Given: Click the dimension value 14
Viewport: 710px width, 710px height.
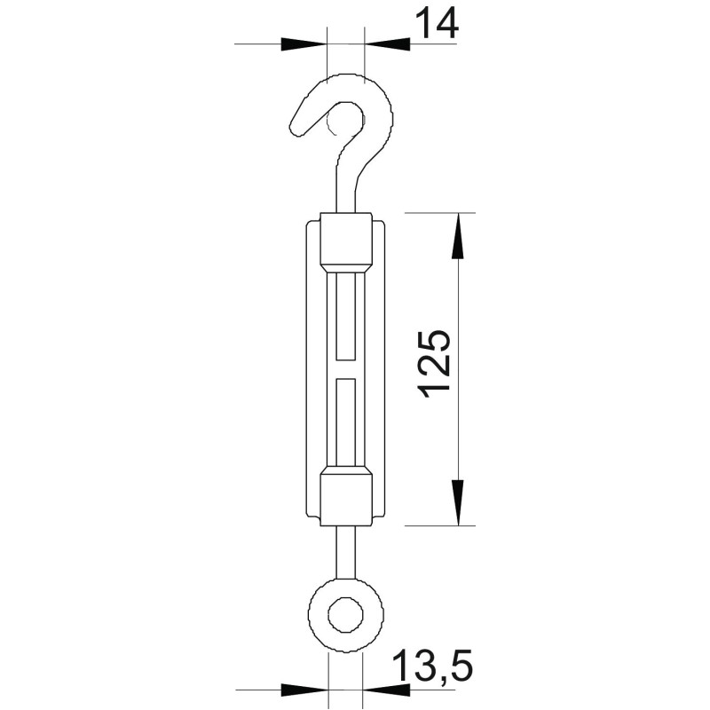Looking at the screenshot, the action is pos(437,24).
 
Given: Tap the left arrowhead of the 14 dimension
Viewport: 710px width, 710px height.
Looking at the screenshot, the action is pos(304,43).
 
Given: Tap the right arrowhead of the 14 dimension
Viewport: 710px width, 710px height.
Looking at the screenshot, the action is pos(387,43).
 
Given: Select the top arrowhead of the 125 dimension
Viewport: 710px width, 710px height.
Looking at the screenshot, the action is pos(459,236).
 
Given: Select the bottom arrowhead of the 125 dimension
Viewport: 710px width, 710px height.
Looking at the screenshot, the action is pos(459,502).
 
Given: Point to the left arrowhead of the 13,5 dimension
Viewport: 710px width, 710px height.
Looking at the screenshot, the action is pos(304,690).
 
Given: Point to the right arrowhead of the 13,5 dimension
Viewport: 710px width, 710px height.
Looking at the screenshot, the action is pos(386,690).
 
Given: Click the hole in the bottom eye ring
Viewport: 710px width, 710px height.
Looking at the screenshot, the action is pos(345,615).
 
